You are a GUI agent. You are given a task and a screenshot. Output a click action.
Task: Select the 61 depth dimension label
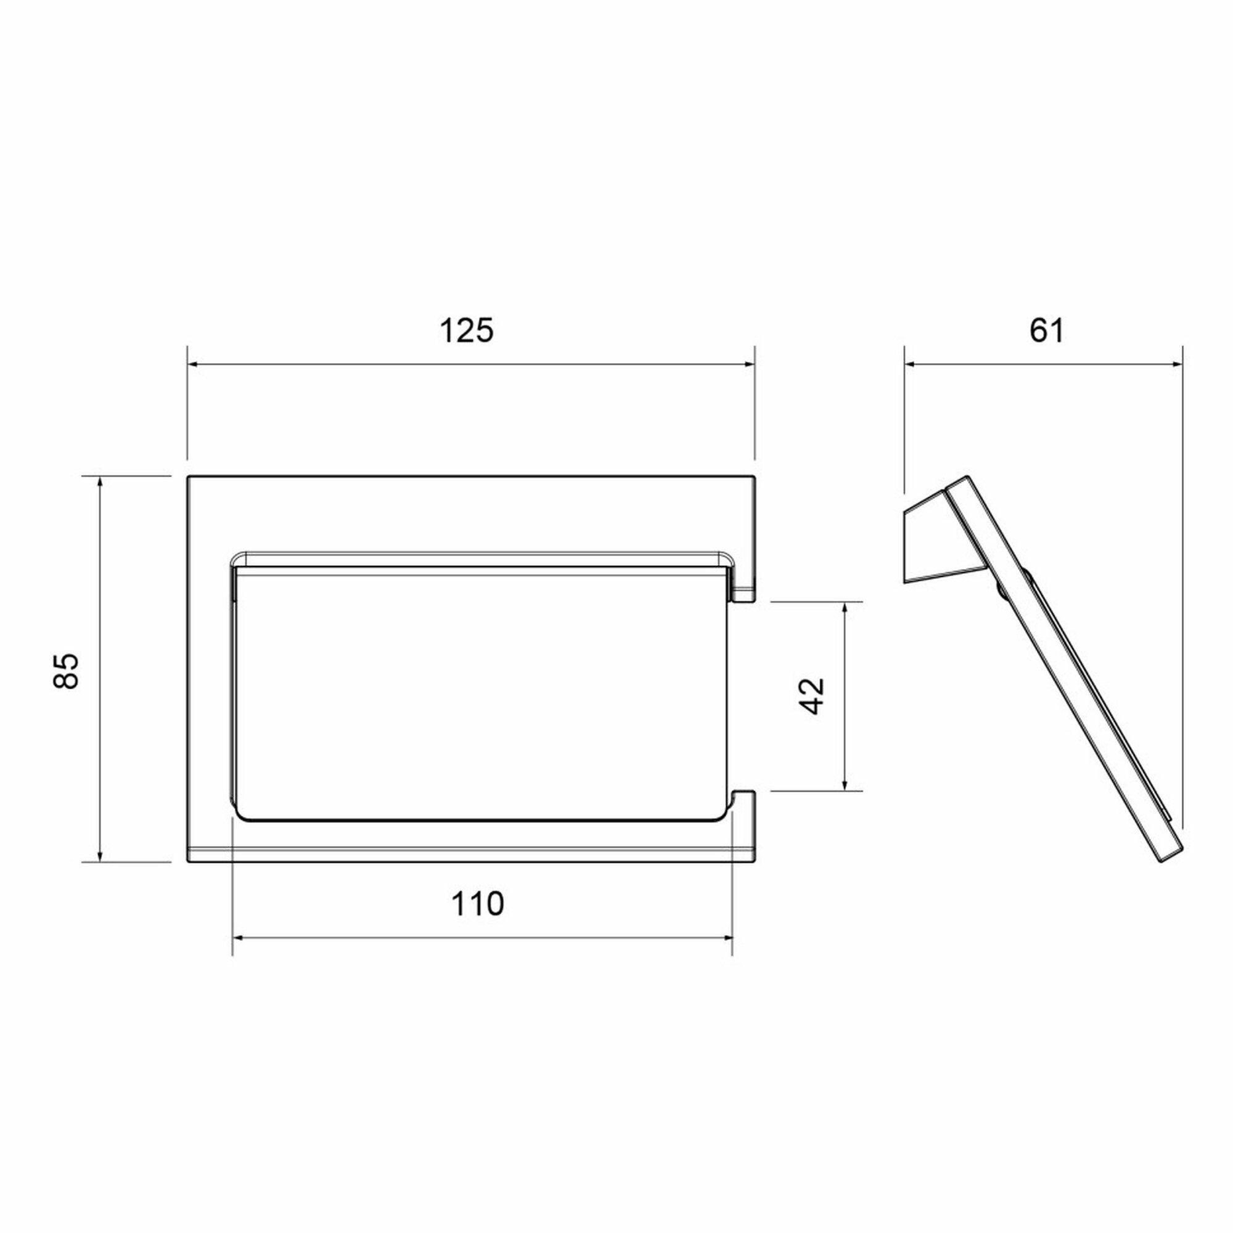(x=1047, y=331)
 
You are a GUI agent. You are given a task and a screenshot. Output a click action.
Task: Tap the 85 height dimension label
(x=66, y=670)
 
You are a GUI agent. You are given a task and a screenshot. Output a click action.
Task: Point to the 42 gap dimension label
(x=812, y=696)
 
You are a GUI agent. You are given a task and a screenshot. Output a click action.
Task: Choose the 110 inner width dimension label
(x=477, y=904)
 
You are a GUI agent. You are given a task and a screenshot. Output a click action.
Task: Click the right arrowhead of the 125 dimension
(x=748, y=364)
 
